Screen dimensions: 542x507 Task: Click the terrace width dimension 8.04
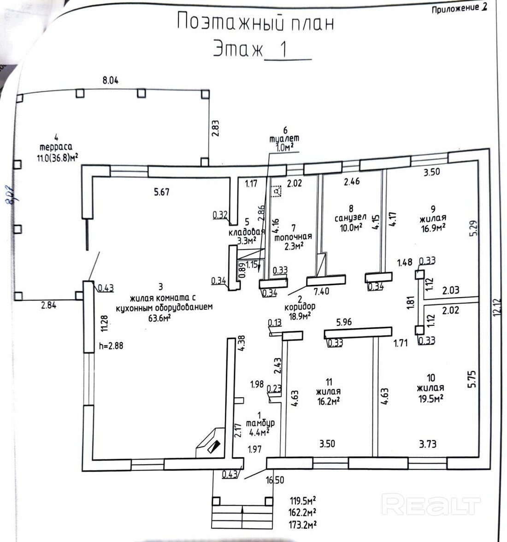[x=111, y=80]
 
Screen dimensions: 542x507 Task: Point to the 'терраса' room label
[x=56, y=147]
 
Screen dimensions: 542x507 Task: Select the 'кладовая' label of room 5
[x=247, y=232]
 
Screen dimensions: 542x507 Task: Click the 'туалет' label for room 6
[x=284, y=139]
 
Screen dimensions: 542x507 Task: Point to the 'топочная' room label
[x=293, y=237]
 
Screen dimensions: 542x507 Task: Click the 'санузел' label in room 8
[x=351, y=217]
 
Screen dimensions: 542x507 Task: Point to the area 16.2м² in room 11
[x=329, y=401]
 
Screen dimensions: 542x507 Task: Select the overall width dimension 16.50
[x=275, y=480]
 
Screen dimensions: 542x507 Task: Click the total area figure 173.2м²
[x=302, y=524]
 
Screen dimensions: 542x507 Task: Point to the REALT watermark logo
[x=431, y=504]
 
